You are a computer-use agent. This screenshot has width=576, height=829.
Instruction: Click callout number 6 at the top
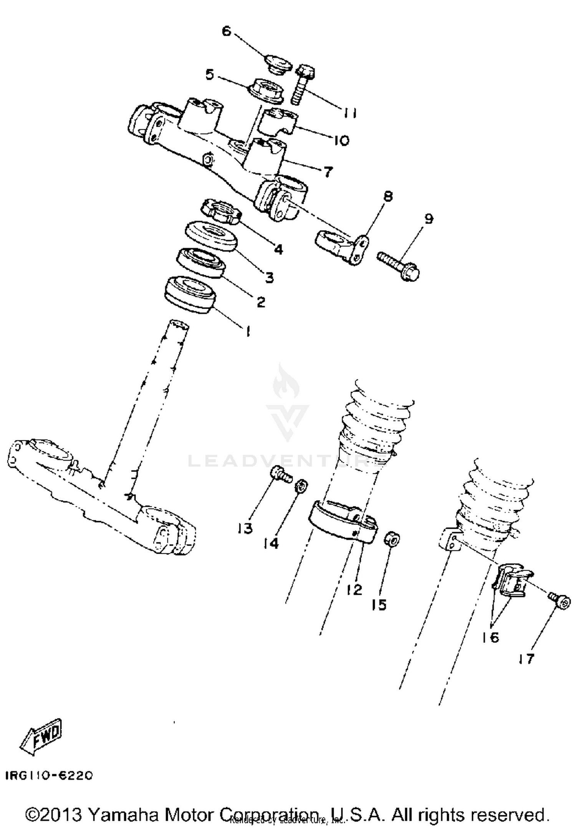click(227, 31)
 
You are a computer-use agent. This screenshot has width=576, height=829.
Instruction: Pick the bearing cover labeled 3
click(211, 236)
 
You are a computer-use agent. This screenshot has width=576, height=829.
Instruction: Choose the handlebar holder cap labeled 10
click(280, 121)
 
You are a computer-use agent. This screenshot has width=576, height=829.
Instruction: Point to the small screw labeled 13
click(281, 474)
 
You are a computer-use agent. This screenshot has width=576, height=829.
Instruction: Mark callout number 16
click(490, 638)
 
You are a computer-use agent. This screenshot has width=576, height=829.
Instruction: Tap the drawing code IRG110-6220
click(49, 775)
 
